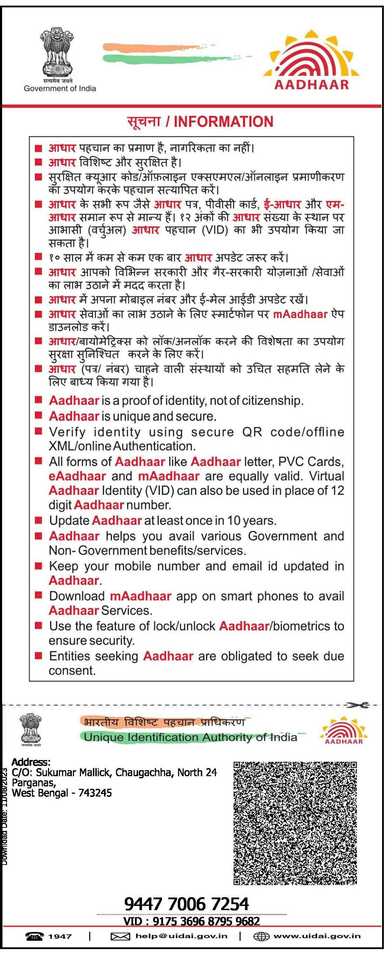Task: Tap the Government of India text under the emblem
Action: click(x=60, y=89)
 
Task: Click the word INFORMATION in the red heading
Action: click(x=223, y=122)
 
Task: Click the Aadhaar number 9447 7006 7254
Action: click(x=186, y=904)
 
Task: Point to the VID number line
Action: click(x=191, y=921)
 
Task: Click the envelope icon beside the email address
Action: click(x=120, y=936)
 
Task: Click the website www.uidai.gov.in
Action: click(x=317, y=936)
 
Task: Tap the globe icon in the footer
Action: click(x=262, y=936)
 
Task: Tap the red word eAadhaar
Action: click(x=77, y=476)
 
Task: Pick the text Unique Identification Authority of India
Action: click(x=190, y=738)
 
